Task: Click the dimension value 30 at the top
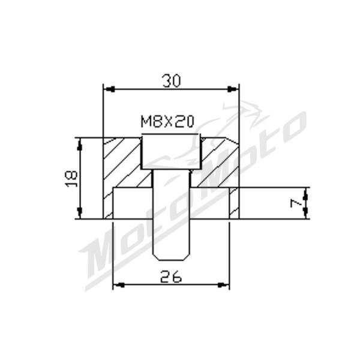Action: [172, 81]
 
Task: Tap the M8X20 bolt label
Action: [167, 122]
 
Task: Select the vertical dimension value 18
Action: [71, 179]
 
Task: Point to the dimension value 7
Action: [295, 203]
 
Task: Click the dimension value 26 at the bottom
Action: [171, 277]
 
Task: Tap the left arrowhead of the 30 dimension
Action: [109, 89]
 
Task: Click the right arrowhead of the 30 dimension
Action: [233, 89]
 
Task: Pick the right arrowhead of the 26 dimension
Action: [223, 285]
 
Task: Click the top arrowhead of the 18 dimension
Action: [79, 145]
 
